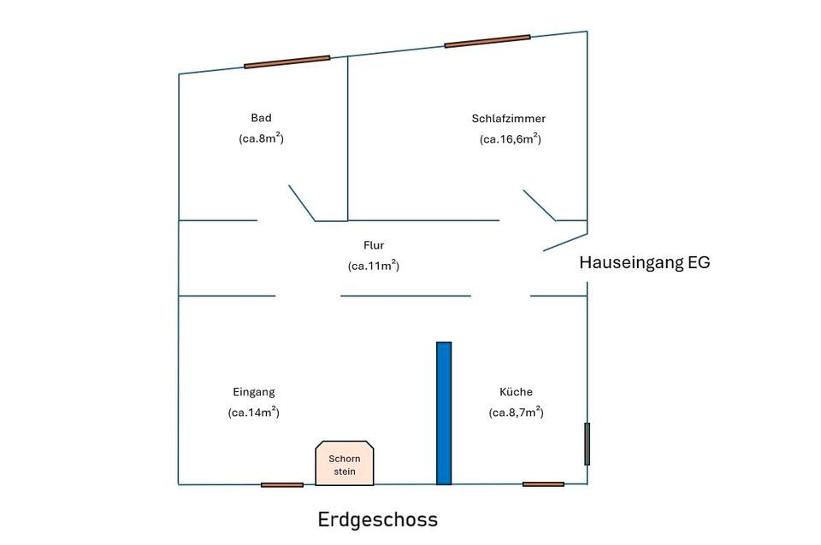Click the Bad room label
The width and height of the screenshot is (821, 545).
coord(261,118)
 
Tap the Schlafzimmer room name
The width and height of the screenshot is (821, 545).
coord(508,119)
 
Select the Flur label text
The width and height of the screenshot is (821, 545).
coord(374,245)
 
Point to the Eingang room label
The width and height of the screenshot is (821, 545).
coord(254,392)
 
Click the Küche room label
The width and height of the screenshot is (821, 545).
coord(517,392)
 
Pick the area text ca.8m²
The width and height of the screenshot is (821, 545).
coord(262,138)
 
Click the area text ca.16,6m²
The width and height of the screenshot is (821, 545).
coord(511,139)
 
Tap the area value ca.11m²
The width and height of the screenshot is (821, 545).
coord(374,266)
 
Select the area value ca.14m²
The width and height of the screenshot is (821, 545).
coord(254,412)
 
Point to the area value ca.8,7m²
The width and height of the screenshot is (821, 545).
coord(517,412)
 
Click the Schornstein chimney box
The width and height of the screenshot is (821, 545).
coord(345,463)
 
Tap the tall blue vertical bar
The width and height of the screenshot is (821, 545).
coord(444,413)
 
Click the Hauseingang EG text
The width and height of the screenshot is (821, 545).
coord(645,262)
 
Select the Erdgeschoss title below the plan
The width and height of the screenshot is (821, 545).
coord(377,519)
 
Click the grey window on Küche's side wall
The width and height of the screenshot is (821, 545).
coord(587,444)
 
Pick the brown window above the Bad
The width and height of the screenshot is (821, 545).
coord(287,62)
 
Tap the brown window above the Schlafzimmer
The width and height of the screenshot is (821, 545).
coord(487,41)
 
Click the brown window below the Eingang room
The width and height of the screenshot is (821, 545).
coord(282,485)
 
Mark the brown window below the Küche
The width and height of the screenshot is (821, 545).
coord(544,484)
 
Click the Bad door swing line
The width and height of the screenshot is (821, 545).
coord(302,203)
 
